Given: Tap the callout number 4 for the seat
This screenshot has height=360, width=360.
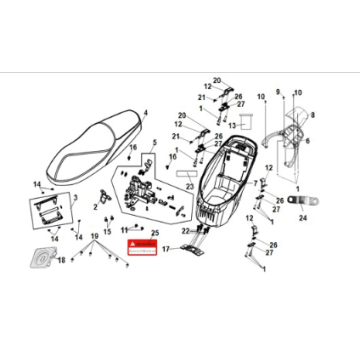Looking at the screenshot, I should (x=146, y=113).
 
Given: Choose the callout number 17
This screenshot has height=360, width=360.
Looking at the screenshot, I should (x=167, y=276).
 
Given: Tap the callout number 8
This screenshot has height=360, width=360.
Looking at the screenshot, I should (x=314, y=115).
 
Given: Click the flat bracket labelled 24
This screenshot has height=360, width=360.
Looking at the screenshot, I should (x=300, y=201).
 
